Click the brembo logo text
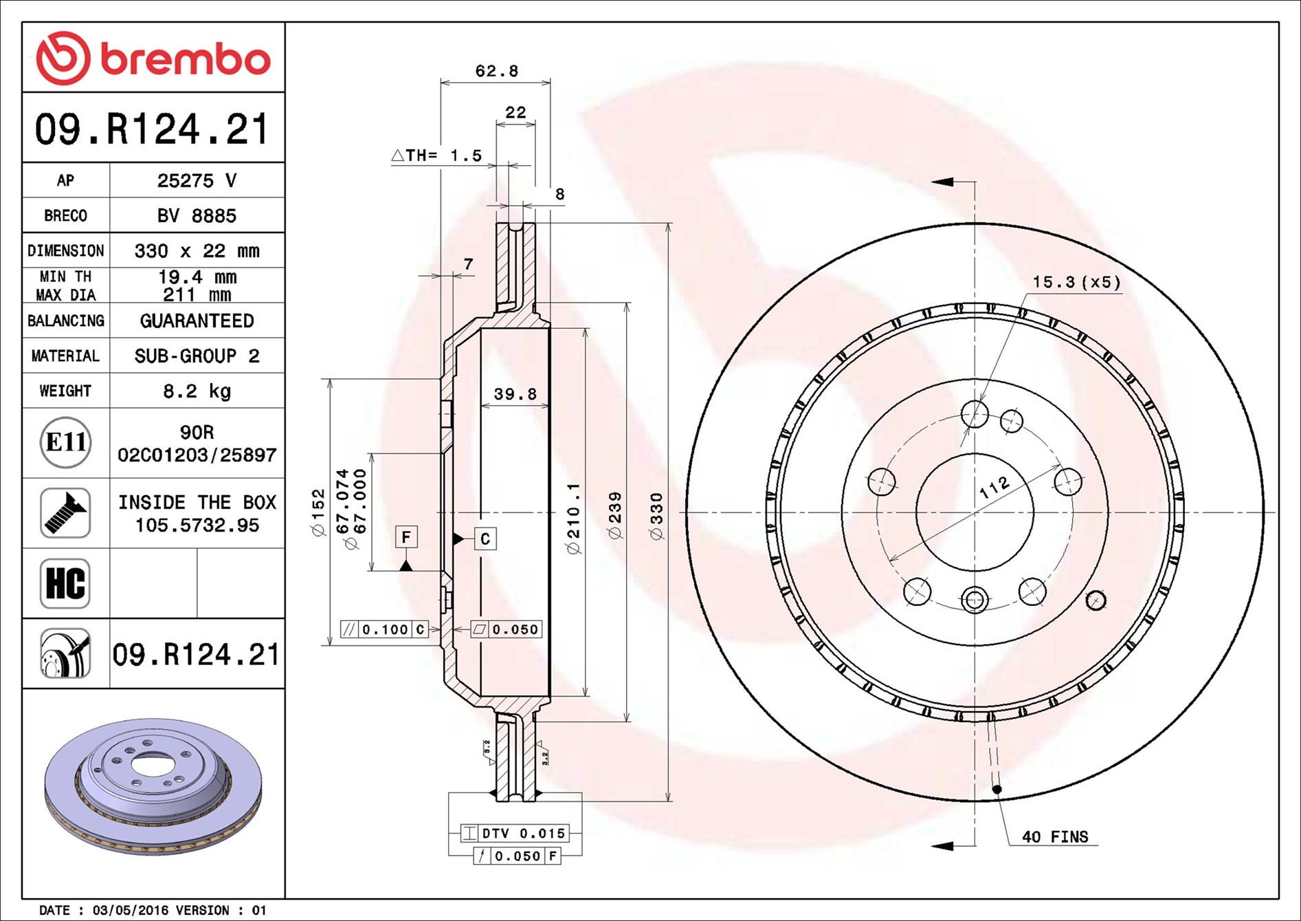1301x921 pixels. (x=186, y=59)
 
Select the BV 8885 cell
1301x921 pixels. (x=197, y=216)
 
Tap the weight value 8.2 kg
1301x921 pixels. (x=197, y=391)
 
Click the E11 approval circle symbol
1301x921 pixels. (x=65, y=442)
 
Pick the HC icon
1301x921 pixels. (x=65, y=583)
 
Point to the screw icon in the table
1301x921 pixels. (x=65, y=513)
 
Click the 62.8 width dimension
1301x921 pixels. (x=496, y=71)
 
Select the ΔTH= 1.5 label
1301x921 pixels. (x=437, y=155)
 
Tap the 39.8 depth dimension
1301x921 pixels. (x=515, y=394)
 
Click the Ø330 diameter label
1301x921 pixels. (x=657, y=517)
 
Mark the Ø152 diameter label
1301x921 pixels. (x=318, y=512)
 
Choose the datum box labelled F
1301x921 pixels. (x=406, y=537)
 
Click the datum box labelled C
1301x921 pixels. (x=485, y=539)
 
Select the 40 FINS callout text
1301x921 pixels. (x=1055, y=837)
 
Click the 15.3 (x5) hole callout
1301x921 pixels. (x=1076, y=282)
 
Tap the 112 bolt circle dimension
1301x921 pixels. (x=994, y=487)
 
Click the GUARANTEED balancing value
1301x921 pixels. (x=197, y=321)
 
